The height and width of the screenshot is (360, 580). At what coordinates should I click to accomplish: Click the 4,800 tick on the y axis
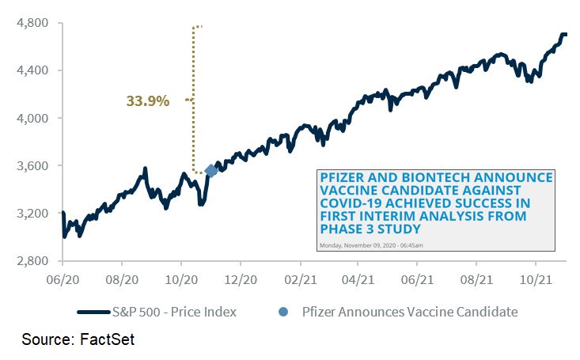(x=32, y=23)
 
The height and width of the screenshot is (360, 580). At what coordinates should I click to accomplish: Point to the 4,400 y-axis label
(x=32, y=70)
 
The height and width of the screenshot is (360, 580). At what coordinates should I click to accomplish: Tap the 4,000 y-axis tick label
(x=32, y=118)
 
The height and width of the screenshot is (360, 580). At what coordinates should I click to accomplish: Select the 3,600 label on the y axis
(x=32, y=165)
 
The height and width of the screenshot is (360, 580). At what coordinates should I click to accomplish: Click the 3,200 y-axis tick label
(x=32, y=213)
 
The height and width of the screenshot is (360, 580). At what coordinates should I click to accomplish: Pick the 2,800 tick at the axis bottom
(x=32, y=260)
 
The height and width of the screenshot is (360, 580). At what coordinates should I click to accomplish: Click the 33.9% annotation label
(x=148, y=100)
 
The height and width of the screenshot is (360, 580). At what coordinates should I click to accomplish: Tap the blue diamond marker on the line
(x=210, y=171)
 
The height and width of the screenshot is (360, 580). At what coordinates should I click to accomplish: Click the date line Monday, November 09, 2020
(x=370, y=245)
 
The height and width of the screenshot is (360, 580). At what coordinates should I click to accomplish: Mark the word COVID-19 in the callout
(x=351, y=203)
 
